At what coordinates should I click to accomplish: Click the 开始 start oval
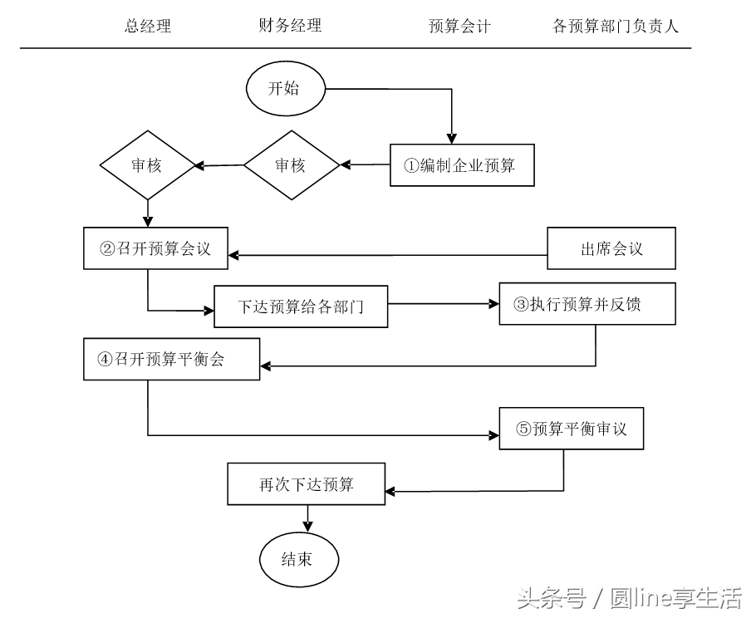point(285,88)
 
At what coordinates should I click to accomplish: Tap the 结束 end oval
point(298,559)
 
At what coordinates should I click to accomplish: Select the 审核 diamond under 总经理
point(147,164)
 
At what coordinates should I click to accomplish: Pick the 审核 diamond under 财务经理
point(291,165)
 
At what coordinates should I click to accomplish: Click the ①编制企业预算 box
point(461,165)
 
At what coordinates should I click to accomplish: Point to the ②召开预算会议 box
point(156,248)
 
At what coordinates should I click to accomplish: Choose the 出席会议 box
point(611,248)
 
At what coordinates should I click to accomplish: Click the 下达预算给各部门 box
point(301,307)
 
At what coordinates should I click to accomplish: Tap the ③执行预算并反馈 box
point(587,304)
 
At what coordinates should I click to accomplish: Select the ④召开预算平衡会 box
point(172,359)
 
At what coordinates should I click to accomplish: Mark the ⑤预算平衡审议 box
point(571,429)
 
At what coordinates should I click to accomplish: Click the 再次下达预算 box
point(306,483)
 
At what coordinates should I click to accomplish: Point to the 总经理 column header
point(148,26)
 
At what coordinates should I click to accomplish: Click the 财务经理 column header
point(290,26)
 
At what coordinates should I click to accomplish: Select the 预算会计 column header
point(459,27)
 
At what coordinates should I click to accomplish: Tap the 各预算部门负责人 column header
point(616,27)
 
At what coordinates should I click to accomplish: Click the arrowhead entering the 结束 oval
point(308,525)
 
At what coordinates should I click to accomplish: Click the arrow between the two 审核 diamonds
point(219,165)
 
